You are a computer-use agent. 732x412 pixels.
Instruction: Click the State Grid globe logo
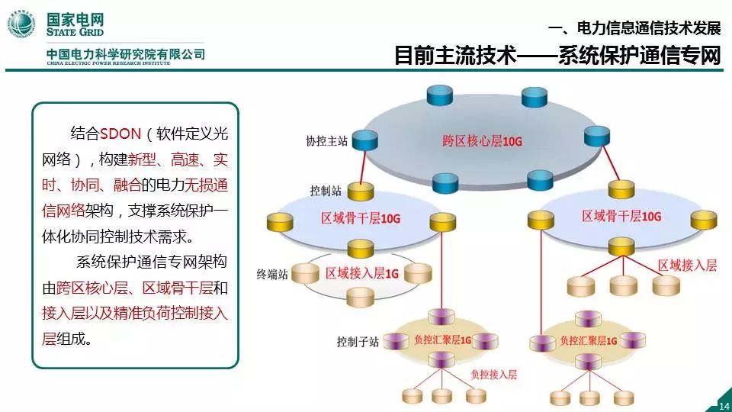coord(22,24)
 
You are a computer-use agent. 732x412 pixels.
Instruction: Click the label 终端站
coord(273,270)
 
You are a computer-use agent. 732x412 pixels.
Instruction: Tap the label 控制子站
coord(358,341)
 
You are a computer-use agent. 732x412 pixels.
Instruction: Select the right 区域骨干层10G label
coord(621,217)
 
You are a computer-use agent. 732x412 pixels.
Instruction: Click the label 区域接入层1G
coord(361,272)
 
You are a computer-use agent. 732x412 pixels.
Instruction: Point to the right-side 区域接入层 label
coord(687,265)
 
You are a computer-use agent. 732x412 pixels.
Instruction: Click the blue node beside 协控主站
coord(367,140)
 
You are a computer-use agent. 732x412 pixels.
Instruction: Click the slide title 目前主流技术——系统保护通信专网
coord(557,56)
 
